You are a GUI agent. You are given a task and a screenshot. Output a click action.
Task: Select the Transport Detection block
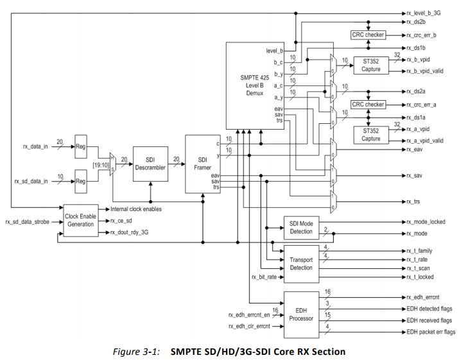(302, 264)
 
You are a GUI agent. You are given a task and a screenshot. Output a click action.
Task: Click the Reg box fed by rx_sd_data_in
(81, 182)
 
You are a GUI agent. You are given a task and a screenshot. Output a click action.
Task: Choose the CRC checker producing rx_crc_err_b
(368, 35)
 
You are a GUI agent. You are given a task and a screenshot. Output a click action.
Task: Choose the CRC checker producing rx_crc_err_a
(368, 104)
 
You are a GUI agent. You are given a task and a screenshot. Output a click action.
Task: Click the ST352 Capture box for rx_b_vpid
(370, 65)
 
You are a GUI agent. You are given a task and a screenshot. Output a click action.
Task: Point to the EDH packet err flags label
(431, 332)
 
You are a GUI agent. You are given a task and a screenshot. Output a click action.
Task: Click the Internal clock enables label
(136, 209)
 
